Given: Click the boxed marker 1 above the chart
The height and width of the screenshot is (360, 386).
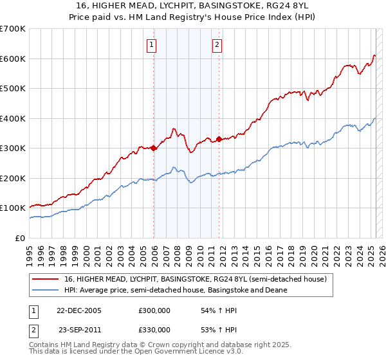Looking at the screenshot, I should click(x=151, y=45).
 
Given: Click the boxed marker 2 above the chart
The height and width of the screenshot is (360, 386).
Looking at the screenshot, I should click(x=217, y=45).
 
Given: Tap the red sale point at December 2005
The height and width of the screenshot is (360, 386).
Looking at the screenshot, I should click(x=154, y=148).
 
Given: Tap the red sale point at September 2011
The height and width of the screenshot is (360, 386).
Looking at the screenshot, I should click(x=219, y=139).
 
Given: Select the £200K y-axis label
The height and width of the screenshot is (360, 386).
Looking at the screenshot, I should click(x=13, y=178).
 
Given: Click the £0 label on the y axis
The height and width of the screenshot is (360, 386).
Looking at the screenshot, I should click(x=20, y=238).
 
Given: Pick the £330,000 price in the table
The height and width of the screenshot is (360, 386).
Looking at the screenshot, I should click(x=154, y=329).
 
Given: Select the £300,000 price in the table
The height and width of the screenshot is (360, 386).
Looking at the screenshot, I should click(x=154, y=310).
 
